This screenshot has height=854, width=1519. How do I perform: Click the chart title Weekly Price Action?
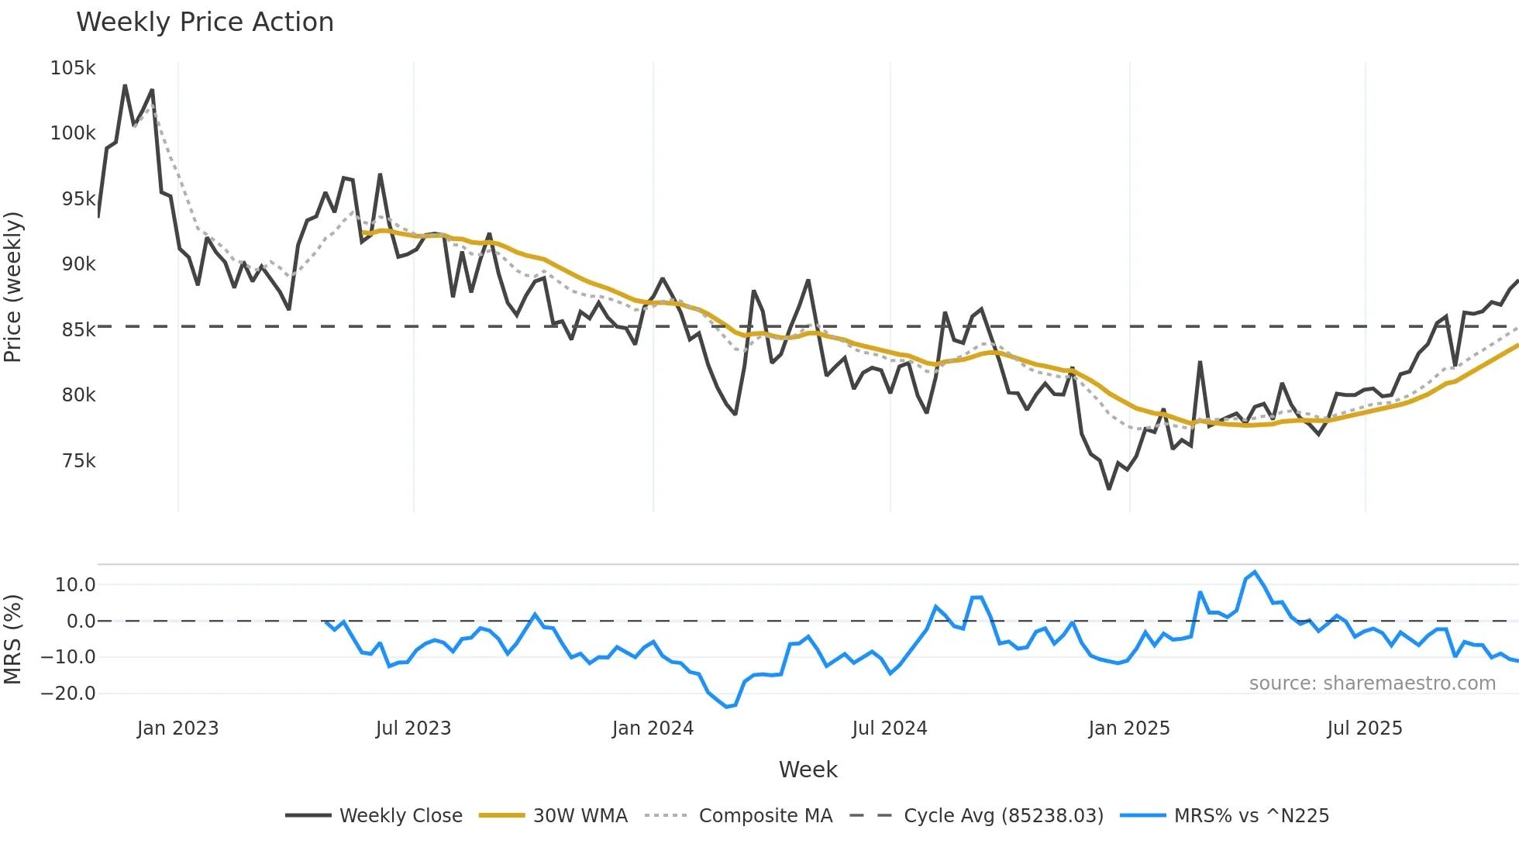coord(205,22)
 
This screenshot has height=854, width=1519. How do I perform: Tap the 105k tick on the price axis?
coord(73,68)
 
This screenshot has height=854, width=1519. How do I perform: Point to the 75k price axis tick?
coord(78,461)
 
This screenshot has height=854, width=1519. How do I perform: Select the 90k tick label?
coord(78,264)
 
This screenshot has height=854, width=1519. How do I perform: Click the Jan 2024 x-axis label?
coord(653,728)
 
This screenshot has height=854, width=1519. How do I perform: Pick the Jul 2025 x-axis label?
coord(1364,728)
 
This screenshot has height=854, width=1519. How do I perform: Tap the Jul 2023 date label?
coord(413,728)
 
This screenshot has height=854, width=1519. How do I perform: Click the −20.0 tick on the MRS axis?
coord(68,694)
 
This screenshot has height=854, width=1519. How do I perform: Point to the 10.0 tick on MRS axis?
coord(75,585)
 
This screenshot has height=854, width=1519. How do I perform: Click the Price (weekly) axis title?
coord(13,287)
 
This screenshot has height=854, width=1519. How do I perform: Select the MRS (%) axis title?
coord(13,639)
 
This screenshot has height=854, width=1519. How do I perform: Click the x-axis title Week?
coord(808,770)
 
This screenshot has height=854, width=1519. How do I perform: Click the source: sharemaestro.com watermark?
coord(1372,684)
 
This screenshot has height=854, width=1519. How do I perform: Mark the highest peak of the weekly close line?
coord(125,85)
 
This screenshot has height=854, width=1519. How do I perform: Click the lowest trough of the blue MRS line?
coord(727,707)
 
